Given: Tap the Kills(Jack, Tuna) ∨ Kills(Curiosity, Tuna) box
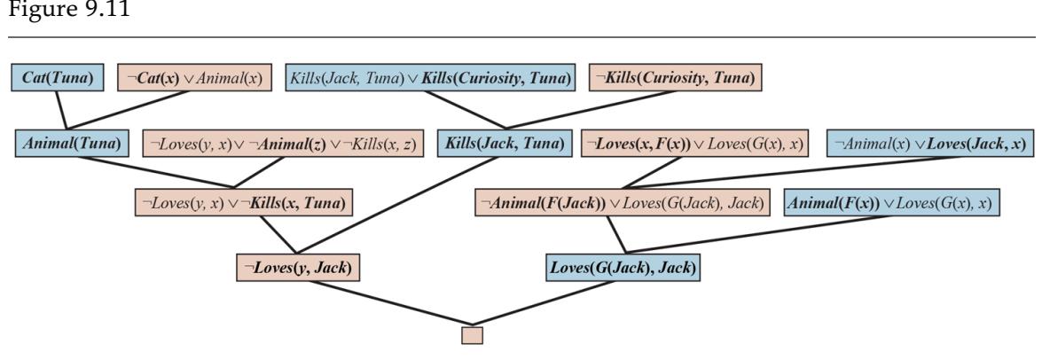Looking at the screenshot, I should pos(429,78).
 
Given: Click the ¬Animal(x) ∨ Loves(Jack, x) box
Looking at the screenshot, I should pos(921,141).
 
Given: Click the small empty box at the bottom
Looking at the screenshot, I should pos(473,335).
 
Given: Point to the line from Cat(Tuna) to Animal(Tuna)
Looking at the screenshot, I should pos(63,110).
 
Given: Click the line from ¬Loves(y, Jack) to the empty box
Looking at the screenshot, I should pos(381,303).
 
